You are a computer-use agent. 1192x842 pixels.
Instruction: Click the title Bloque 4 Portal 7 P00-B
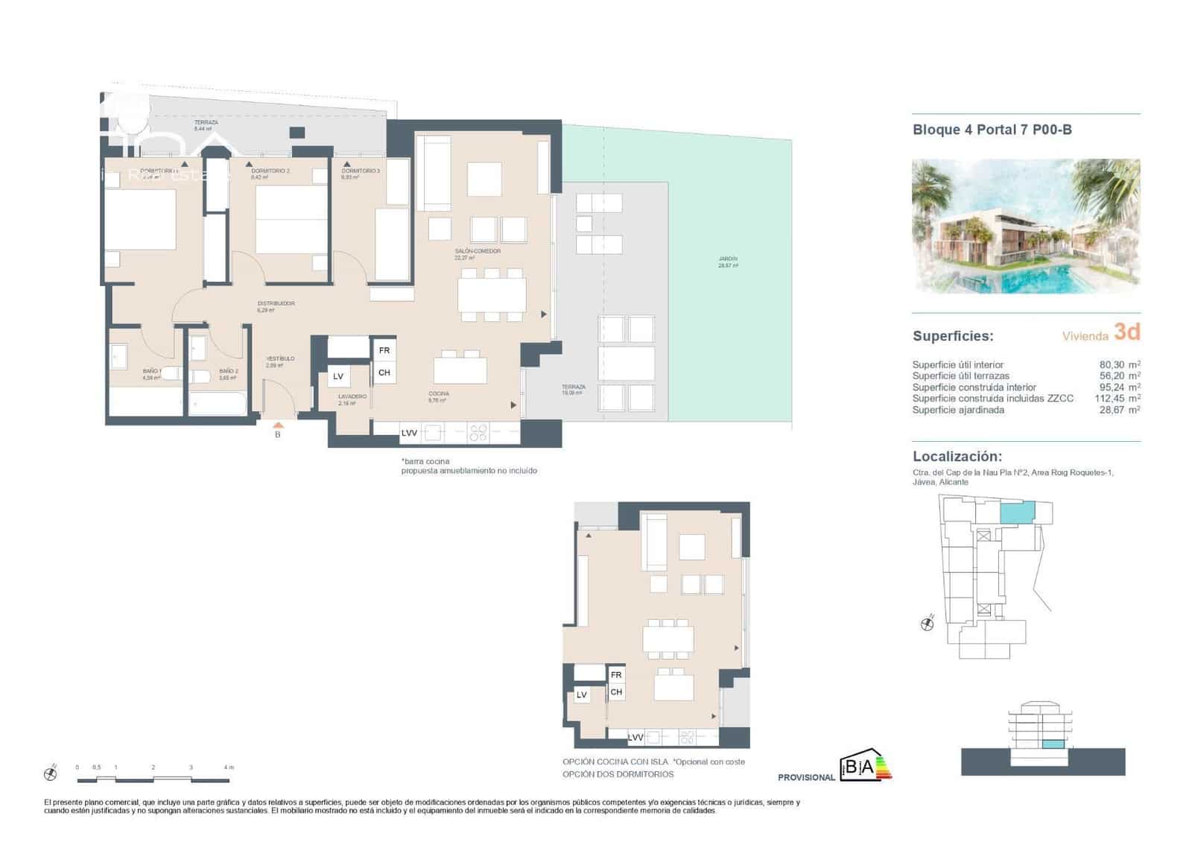click(x=992, y=130)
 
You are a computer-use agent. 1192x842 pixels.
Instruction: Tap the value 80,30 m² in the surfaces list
click(x=1114, y=365)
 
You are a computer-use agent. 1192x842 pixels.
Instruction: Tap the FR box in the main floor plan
click(x=384, y=350)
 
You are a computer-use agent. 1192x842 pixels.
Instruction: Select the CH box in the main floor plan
click(x=384, y=373)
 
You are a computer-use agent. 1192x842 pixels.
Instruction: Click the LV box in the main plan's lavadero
click(x=338, y=377)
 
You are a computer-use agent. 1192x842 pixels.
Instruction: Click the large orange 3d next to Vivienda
click(x=1126, y=332)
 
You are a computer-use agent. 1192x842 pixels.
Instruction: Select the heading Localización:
click(x=957, y=457)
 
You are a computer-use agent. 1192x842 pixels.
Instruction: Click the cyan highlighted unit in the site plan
click(x=1017, y=512)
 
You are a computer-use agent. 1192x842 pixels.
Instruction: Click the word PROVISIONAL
click(x=806, y=777)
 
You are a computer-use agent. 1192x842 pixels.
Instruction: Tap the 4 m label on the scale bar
click(x=229, y=767)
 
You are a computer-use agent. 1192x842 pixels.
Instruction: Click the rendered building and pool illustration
click(x=1026, y=226)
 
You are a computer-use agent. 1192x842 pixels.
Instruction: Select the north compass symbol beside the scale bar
click(x=51, y=774)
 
